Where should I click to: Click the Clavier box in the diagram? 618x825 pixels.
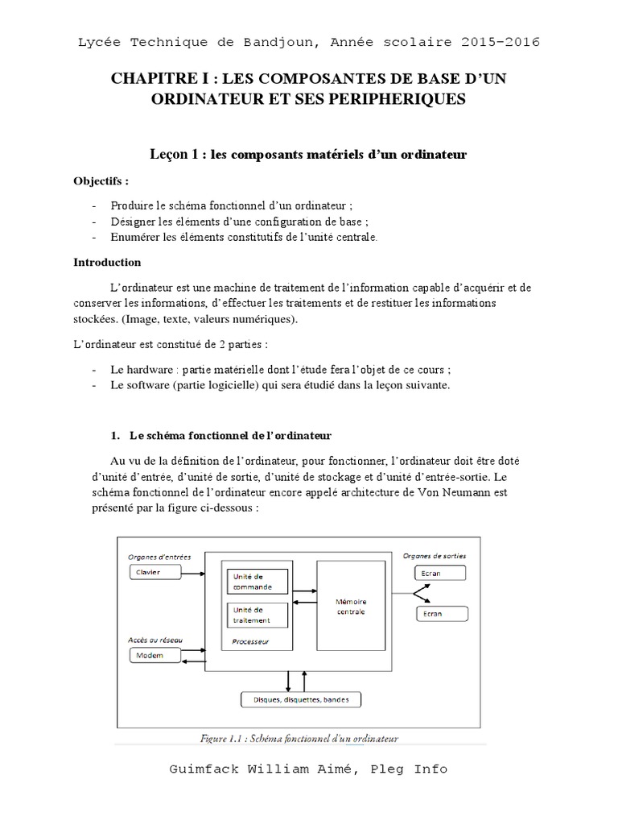(x=156, y=573)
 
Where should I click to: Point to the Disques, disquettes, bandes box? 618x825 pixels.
(x=302, y=699)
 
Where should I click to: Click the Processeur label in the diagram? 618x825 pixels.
(x=250, y=642)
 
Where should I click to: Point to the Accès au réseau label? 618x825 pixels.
(x=155, y=640)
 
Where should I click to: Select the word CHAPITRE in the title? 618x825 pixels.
(x=147, y=80)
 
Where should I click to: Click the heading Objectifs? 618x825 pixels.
(x=101, y=180)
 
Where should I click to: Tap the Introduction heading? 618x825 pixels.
(x=107, y=262)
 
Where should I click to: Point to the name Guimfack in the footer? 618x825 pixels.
(x=204, y=769)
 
